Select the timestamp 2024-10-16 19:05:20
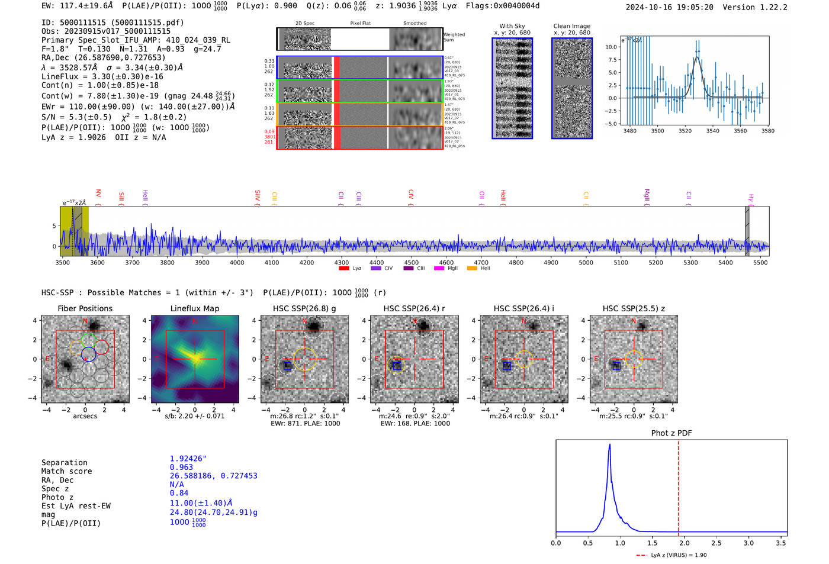(x=669, y=7)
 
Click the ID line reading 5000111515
(x=113, y=22)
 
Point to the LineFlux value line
(x=102, y=76)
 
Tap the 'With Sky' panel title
(x=512, y=26)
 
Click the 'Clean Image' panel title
(x=571, y=26)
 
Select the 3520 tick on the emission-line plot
(x=685, y=131)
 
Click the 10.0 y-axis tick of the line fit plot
(x=610, y=47)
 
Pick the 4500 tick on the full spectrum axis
(x=411, y=262)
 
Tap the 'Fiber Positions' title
(x=85, y=308)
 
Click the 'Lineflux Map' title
(x=194, y=308)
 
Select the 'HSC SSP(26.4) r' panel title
(x=414, y=308)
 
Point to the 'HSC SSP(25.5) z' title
(x=634, y=308)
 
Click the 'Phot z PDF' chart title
(x=671, y=433)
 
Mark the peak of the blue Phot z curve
(x=609, y=445)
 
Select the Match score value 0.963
(x=181, y=468)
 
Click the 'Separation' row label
(x=64, y=463)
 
